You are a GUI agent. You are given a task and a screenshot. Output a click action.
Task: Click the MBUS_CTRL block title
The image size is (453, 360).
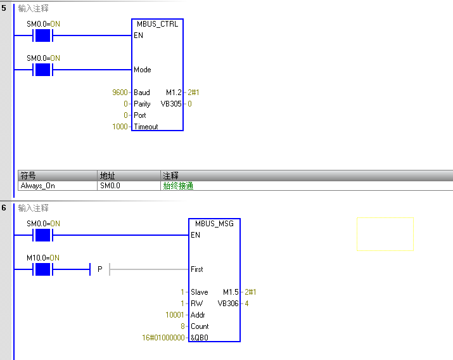pyautogui.click(x=158, y=24)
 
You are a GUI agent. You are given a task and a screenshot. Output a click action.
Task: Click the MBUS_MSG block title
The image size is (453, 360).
pyautogui.click(x=214, y=223)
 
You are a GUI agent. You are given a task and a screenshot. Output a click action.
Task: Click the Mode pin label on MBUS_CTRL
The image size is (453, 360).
pyautogui.click(x=143, y=70)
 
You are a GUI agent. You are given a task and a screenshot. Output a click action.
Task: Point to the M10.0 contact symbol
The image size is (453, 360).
pyautogui.click(x=43, y=270)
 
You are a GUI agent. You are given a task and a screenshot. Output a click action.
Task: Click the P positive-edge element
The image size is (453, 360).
pyautogui.click(x=100, y=270)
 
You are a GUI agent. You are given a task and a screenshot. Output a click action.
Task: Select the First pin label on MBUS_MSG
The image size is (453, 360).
pyautogui.click(x=197, y=269)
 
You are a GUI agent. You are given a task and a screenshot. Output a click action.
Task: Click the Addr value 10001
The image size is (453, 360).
pyautogui.click(x=174, y=315)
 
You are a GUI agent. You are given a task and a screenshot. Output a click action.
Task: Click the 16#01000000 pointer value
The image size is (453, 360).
pyautogui.click(x=163, y=338)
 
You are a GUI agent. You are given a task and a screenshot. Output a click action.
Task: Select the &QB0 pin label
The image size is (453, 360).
pyautogui.click(x=200, y=338)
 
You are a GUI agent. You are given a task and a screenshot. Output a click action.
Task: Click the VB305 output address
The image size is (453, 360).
pyautogui.click(x=171, y=104)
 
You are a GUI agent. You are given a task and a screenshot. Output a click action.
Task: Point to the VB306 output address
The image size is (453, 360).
pyautogui.click(x=228, y=304)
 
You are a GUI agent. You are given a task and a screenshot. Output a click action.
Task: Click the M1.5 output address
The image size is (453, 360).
pyautogui.click(x=231, y=292)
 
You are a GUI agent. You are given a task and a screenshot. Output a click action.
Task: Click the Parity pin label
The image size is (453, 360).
pyautogui.click(x=143, y=104)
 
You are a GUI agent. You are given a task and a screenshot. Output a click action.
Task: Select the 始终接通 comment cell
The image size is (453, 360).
pyautogui.click(x=179, y=186)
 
